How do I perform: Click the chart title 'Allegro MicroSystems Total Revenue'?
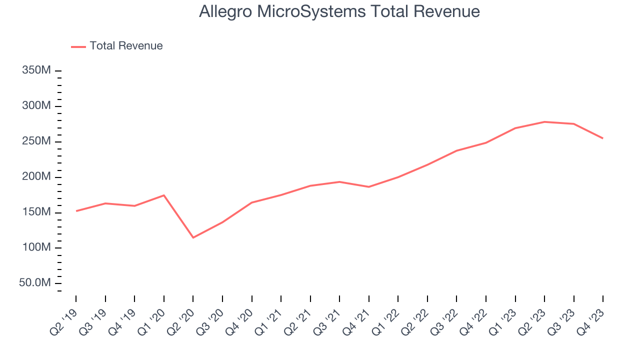point(339,11)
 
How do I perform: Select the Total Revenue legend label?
point(126,46)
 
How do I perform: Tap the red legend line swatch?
point(78,46)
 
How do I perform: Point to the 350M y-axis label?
point(36,70)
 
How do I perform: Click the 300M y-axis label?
point(36,106)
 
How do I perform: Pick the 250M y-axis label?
point(36,141)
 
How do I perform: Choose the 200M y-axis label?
point(36,177)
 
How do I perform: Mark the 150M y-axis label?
point(36,212)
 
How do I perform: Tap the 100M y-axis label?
point(36,248)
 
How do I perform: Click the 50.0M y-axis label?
point(35,283)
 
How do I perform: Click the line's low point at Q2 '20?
point(193,237)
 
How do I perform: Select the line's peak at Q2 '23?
point(544,121)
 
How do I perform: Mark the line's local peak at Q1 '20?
point(164,195)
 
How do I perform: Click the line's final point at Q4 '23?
point(602,138)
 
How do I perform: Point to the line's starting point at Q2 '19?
point(76,211)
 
